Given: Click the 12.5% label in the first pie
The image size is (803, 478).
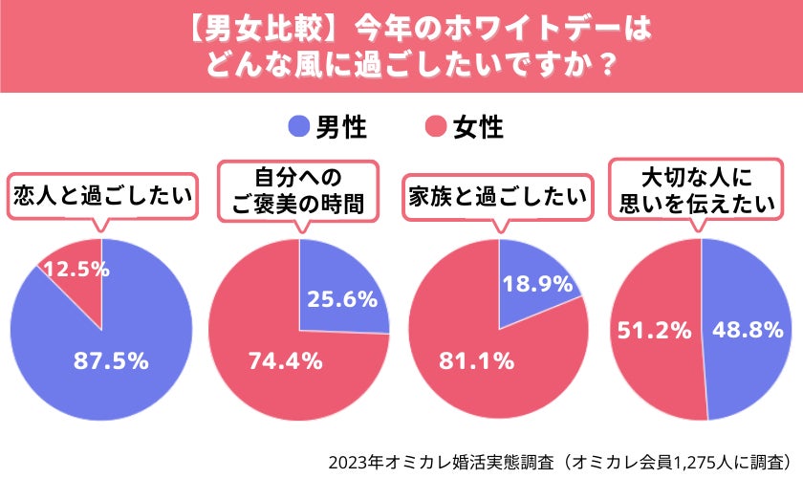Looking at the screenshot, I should (76, 270).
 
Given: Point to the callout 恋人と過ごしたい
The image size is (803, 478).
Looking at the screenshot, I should (101, 196).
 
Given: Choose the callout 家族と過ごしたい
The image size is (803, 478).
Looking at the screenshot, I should (496, 196).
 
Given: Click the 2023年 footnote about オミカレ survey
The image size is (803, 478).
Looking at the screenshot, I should (559, 461).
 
